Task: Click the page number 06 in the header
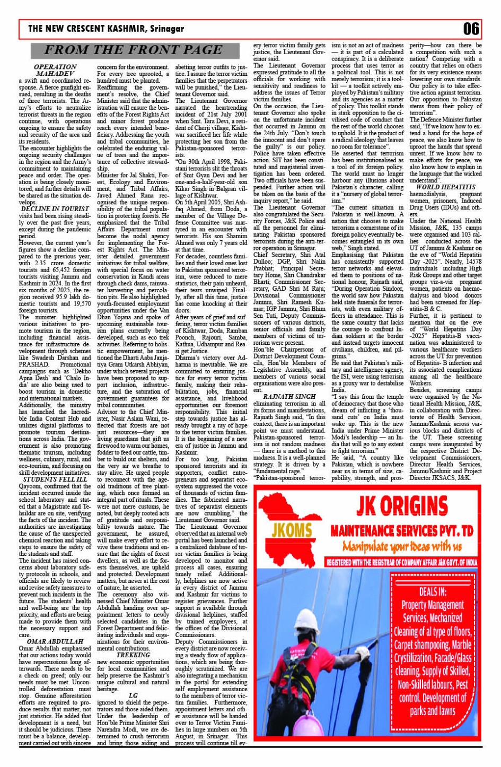(x=471, y=29)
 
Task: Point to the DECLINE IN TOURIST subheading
(x=55, y=209)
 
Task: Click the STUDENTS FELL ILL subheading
(x=55, y=479)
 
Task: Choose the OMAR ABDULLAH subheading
(x=55, y=641)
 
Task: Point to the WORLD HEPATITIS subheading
(x=445, y=187)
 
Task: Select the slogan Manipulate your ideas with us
(x=401, y=546)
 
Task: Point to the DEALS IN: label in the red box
(x=432, y=592)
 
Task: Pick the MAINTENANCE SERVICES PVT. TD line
(x=401, y=530)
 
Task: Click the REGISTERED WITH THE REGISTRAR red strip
(x=401, y=562)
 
